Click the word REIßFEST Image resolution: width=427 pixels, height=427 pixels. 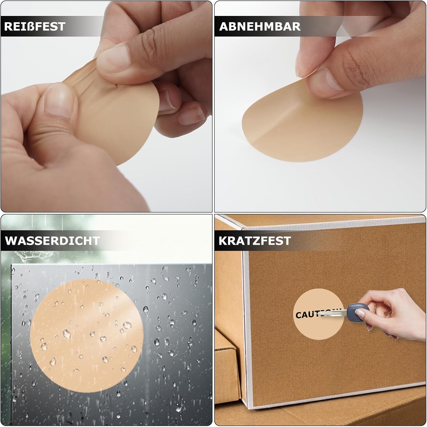click(x=35, y=26)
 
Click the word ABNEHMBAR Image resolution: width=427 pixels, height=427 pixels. click(x=260, y=26)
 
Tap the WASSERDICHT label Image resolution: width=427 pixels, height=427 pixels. click(x=52, y=241)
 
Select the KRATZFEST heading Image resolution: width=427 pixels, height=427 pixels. click(x=254, y=241)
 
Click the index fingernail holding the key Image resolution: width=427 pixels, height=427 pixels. click(x=360, y=314)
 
